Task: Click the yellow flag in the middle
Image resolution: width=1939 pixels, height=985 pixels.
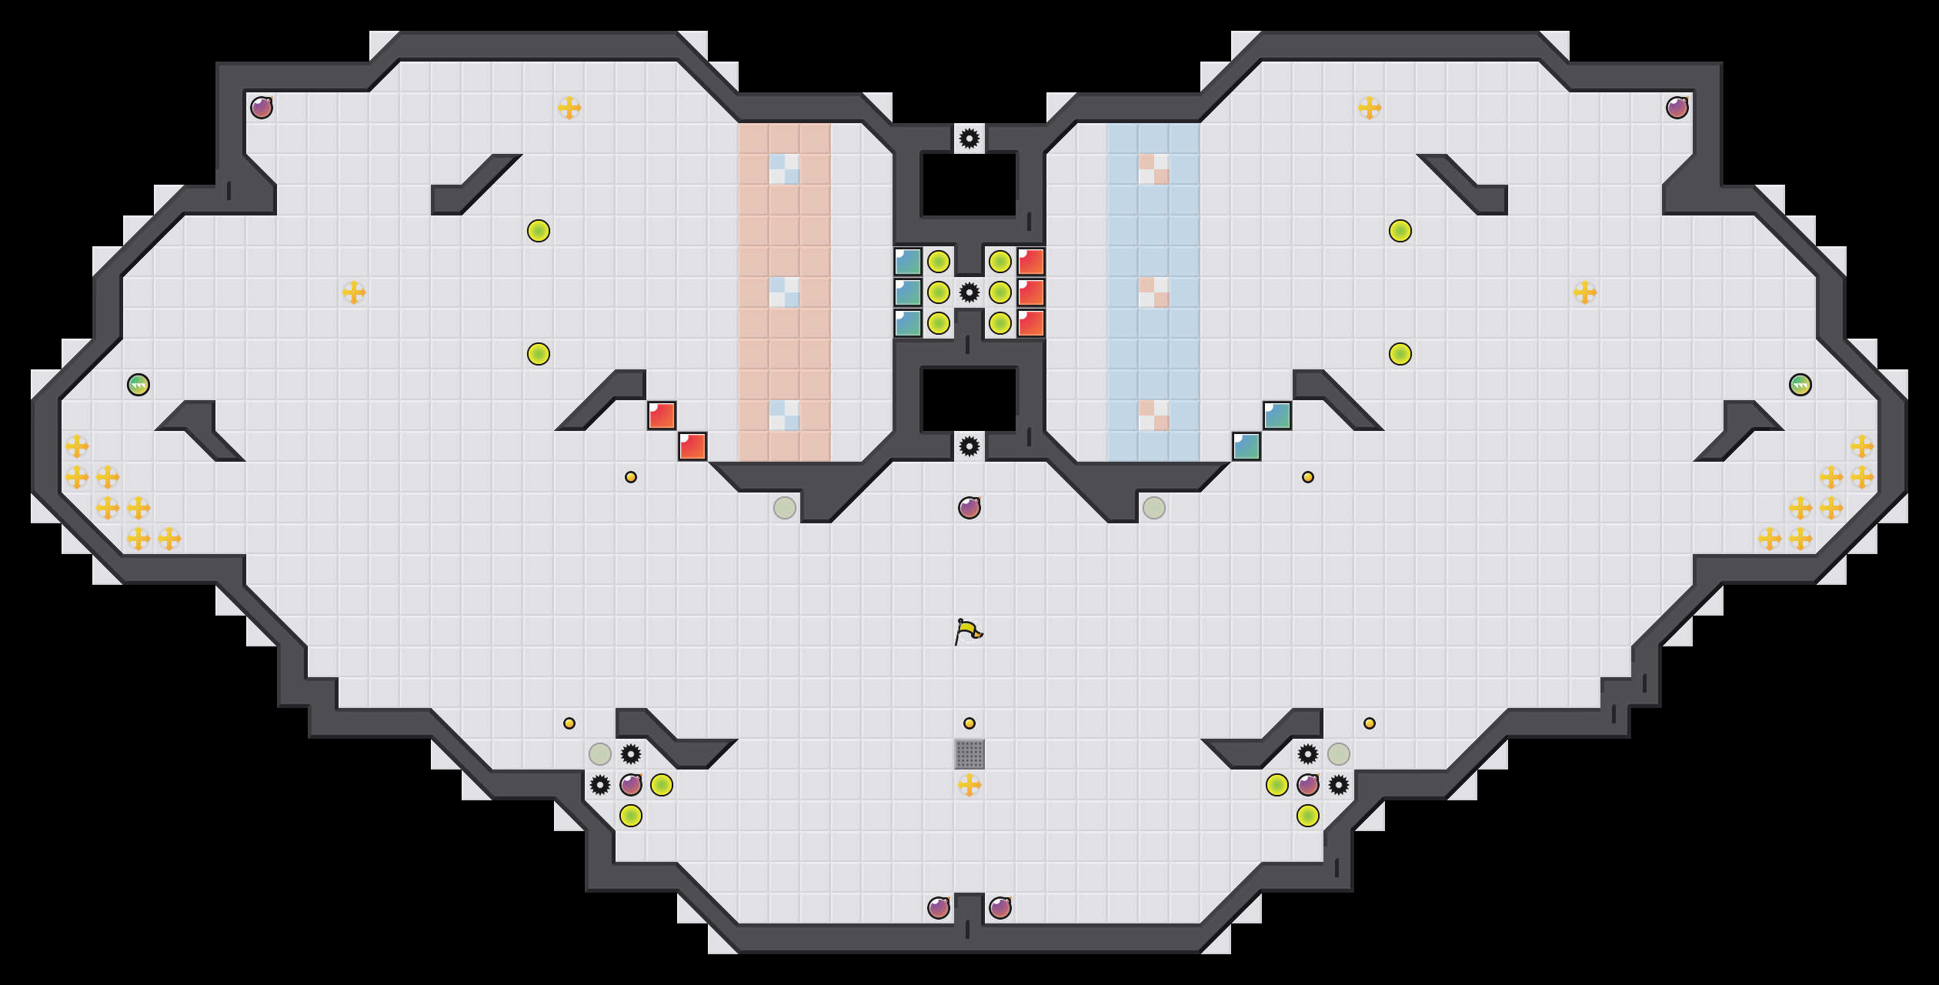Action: pos(969,632)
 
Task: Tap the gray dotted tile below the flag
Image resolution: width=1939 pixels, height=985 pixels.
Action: pos(969,754)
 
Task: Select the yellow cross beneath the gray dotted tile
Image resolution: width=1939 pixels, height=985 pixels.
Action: pos(969,785)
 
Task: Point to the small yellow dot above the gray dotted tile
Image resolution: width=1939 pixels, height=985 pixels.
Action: pos(969,723)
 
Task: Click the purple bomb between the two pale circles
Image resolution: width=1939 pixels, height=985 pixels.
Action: pos(969,508)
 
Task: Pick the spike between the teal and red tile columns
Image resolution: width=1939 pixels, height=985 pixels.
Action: pos(969,292)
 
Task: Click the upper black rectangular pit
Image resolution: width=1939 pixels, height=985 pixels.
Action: pos(969,185)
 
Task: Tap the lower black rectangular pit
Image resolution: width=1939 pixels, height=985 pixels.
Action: pos(969,400)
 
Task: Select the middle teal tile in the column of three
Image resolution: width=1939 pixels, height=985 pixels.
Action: pos(908,292)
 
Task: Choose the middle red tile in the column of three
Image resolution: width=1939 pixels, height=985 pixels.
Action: pos(1031,292)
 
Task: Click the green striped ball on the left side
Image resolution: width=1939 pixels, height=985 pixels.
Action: pos(138,385)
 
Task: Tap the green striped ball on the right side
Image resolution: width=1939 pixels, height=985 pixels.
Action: pos(1800,385)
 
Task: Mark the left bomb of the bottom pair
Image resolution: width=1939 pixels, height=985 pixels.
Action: pos(939,908)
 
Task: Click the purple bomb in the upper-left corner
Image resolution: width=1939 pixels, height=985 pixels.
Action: pos(262,108)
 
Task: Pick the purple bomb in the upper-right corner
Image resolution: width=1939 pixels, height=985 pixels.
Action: pos(1677,108)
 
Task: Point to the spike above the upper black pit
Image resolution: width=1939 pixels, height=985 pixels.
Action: pos(969,139)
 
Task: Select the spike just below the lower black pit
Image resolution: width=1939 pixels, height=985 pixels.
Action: pos(969,446)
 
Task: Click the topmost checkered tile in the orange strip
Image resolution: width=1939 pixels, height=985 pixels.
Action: pos(785,169)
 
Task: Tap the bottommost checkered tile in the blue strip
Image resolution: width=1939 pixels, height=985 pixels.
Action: pos(1154,416)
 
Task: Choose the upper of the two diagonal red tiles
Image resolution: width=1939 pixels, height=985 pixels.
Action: pos(662,416)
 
